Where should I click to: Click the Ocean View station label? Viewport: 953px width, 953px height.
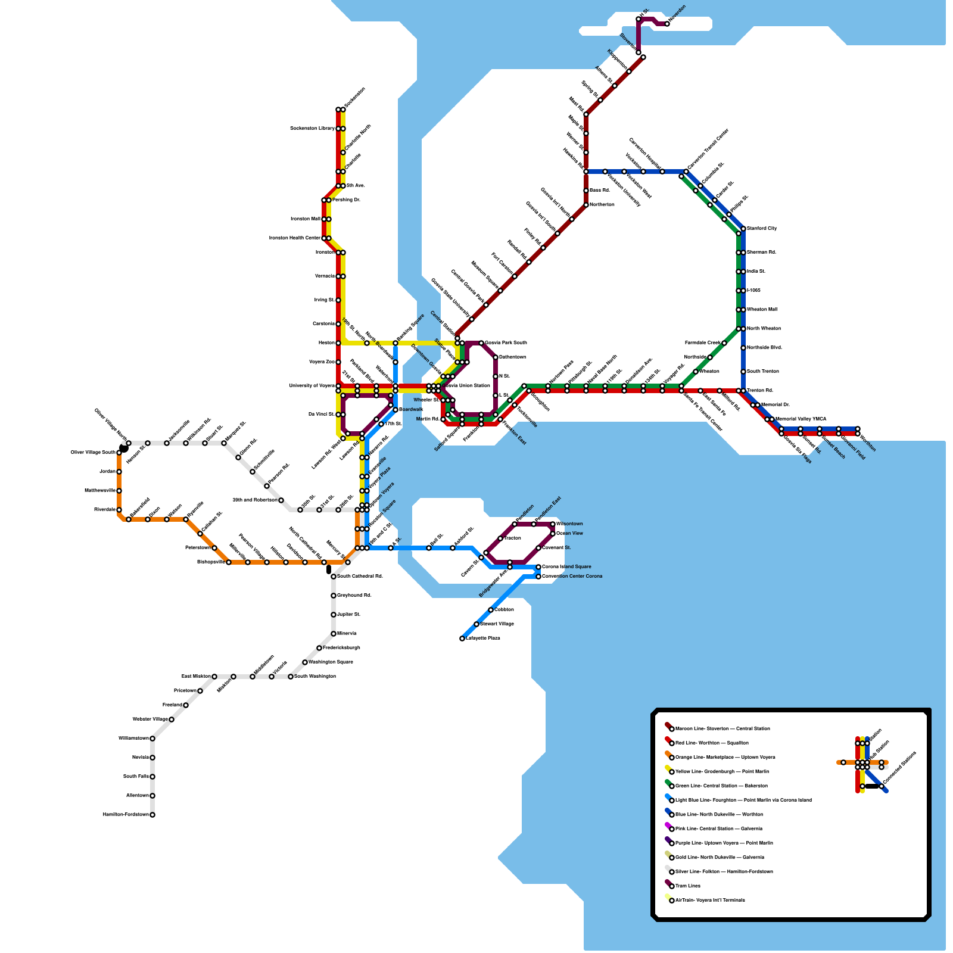point(569,534)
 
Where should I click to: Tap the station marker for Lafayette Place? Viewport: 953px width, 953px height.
point(462,639)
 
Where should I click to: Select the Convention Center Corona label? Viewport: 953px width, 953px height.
point(572,577)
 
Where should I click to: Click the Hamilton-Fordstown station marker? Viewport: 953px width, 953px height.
point(152,815)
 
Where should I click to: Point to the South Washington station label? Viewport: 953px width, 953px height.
point(315,677)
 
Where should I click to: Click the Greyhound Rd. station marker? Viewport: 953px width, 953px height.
point(334,596)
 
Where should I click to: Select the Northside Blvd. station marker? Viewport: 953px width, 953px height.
point(743,348)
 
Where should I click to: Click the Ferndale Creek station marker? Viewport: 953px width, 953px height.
point(724,343)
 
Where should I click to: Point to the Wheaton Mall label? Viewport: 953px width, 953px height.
point(762,310)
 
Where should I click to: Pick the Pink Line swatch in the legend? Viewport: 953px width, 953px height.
point(668,826)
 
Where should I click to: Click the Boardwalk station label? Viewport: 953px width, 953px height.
point(411,410)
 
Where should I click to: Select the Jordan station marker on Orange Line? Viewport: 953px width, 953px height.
point(119,472)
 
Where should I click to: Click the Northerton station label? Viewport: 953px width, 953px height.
point(602,205)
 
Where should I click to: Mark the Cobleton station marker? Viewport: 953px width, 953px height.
point(491,610)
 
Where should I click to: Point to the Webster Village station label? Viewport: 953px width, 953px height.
point(150,720)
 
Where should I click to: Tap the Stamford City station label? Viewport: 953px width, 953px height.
point(762,229)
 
